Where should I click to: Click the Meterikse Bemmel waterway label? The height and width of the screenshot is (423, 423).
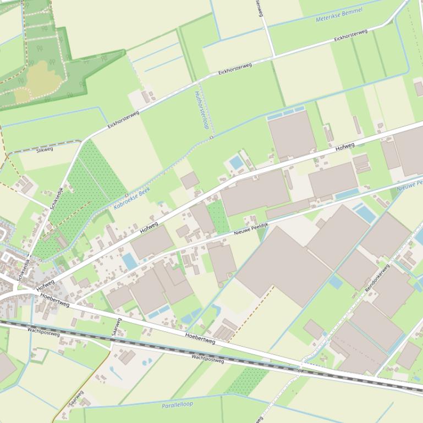[339, 15]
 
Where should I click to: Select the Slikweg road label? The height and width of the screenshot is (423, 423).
[45, 149]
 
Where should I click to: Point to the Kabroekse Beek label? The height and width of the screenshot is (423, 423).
[132, 199]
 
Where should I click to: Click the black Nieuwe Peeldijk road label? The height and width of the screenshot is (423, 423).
[250, 227]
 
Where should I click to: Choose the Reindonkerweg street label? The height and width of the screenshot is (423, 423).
[377, 277]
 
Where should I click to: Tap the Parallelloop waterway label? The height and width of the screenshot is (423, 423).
[177, 405]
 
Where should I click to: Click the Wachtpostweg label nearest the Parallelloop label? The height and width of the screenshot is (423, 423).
[207, 358]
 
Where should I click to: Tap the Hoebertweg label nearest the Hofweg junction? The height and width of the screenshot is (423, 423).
[54, 299]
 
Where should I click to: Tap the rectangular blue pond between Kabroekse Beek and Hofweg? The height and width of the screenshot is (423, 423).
[237, 163]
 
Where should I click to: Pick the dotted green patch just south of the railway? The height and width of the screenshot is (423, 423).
[248, 381]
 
